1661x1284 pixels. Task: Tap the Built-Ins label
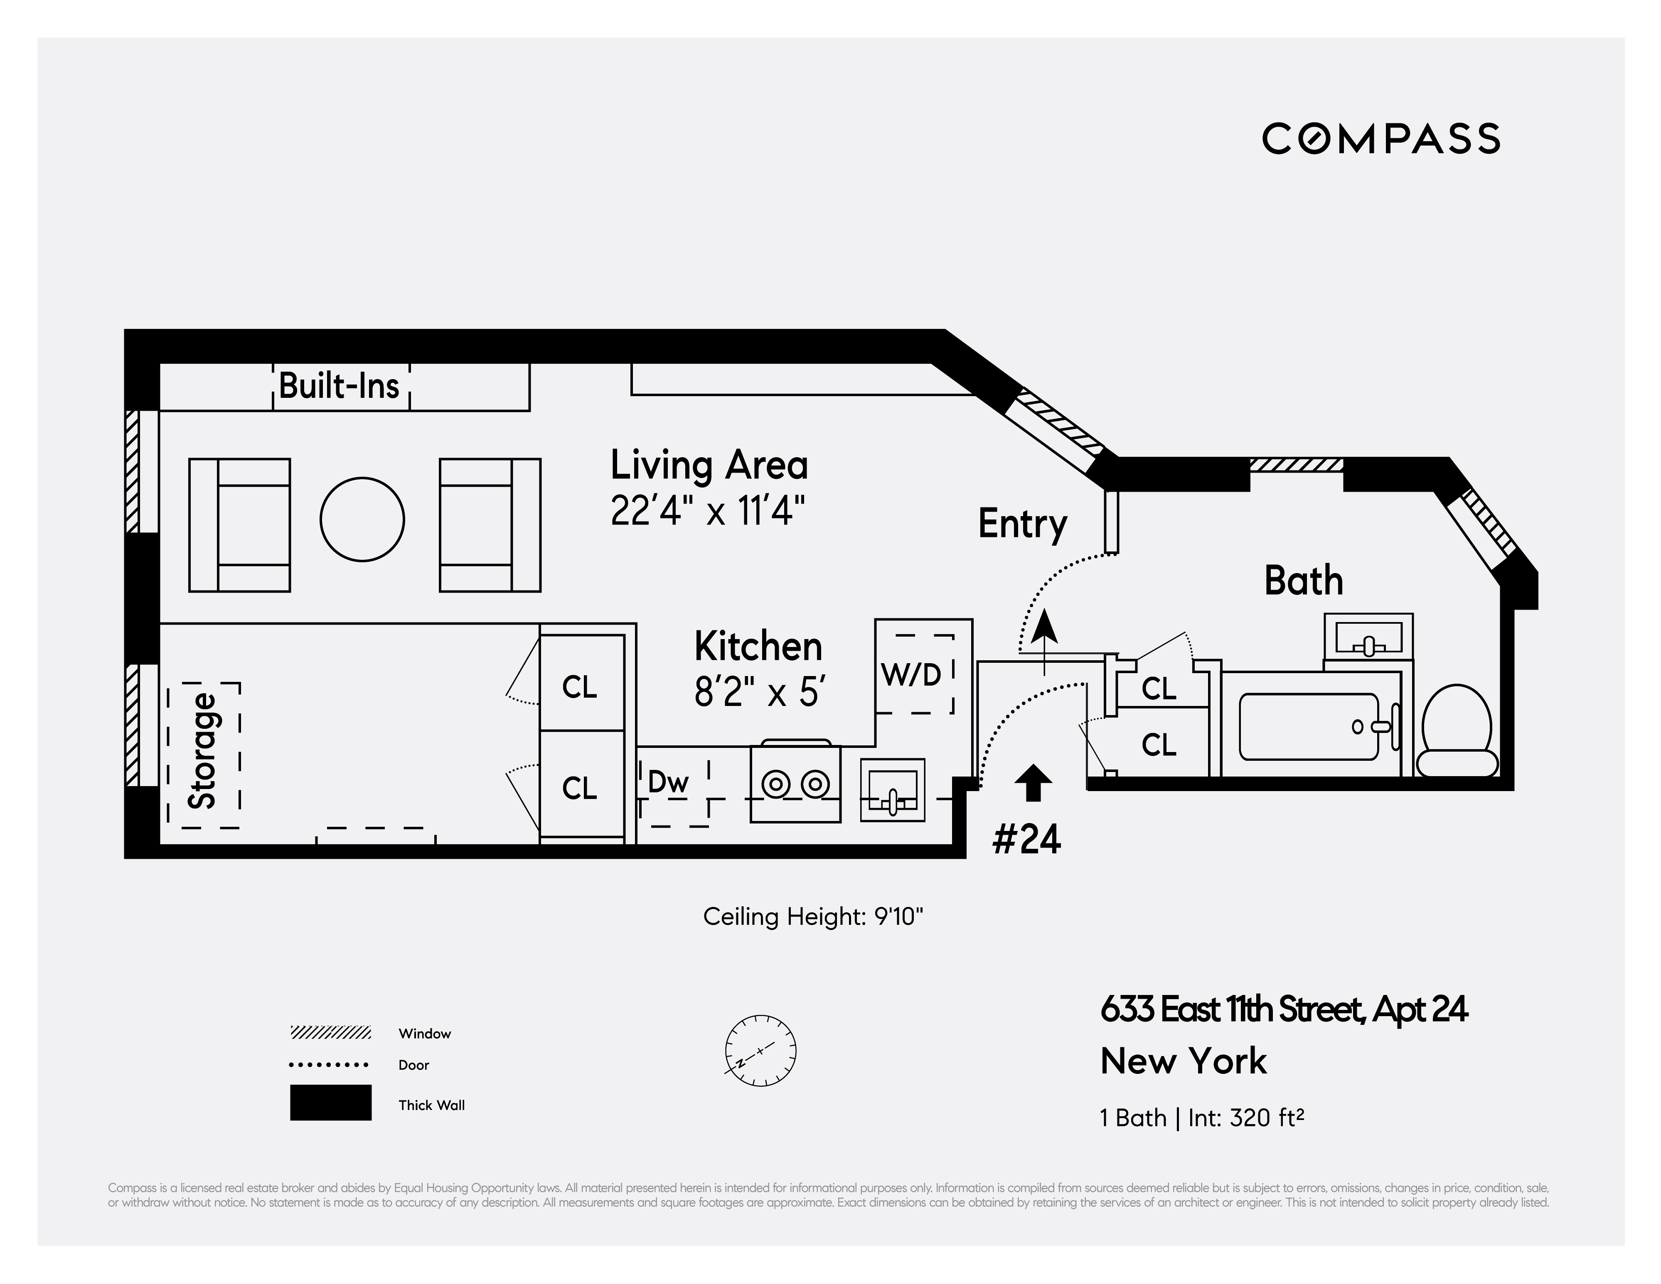click(x=339, y=385)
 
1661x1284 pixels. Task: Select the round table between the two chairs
click(x=362, y=519)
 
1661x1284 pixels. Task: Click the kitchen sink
click(x=893, y=790)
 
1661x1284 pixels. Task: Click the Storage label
click(x=203, y=751)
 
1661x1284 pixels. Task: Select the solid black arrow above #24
click(x=1033, y=782)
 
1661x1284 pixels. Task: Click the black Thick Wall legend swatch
click(x=331, y=1102)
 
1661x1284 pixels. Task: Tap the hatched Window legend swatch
click(x=331, y=1032)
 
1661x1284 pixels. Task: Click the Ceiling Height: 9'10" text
click(x=813, y=917)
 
